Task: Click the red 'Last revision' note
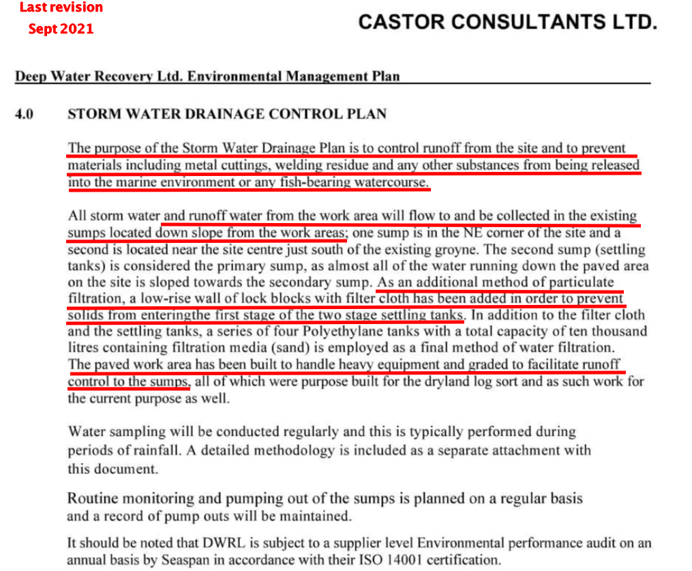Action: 61,8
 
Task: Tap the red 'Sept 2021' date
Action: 61,29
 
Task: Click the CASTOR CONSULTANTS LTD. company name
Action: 508,23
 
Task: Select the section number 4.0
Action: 25,114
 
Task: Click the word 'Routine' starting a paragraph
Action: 95,499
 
